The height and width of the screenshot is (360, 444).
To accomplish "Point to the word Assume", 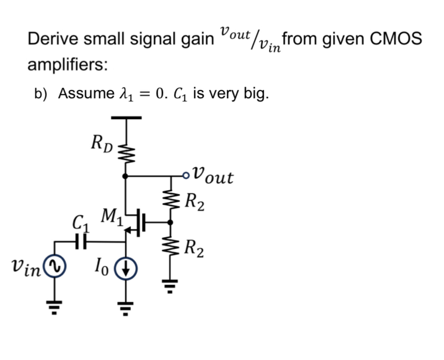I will (x=83, y=94).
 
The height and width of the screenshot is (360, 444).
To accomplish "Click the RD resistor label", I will (x=101, y=142).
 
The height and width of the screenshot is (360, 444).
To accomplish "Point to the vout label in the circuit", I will (x=213, y=176).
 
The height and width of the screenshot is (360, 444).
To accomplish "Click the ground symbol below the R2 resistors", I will (x=169, y=286).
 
